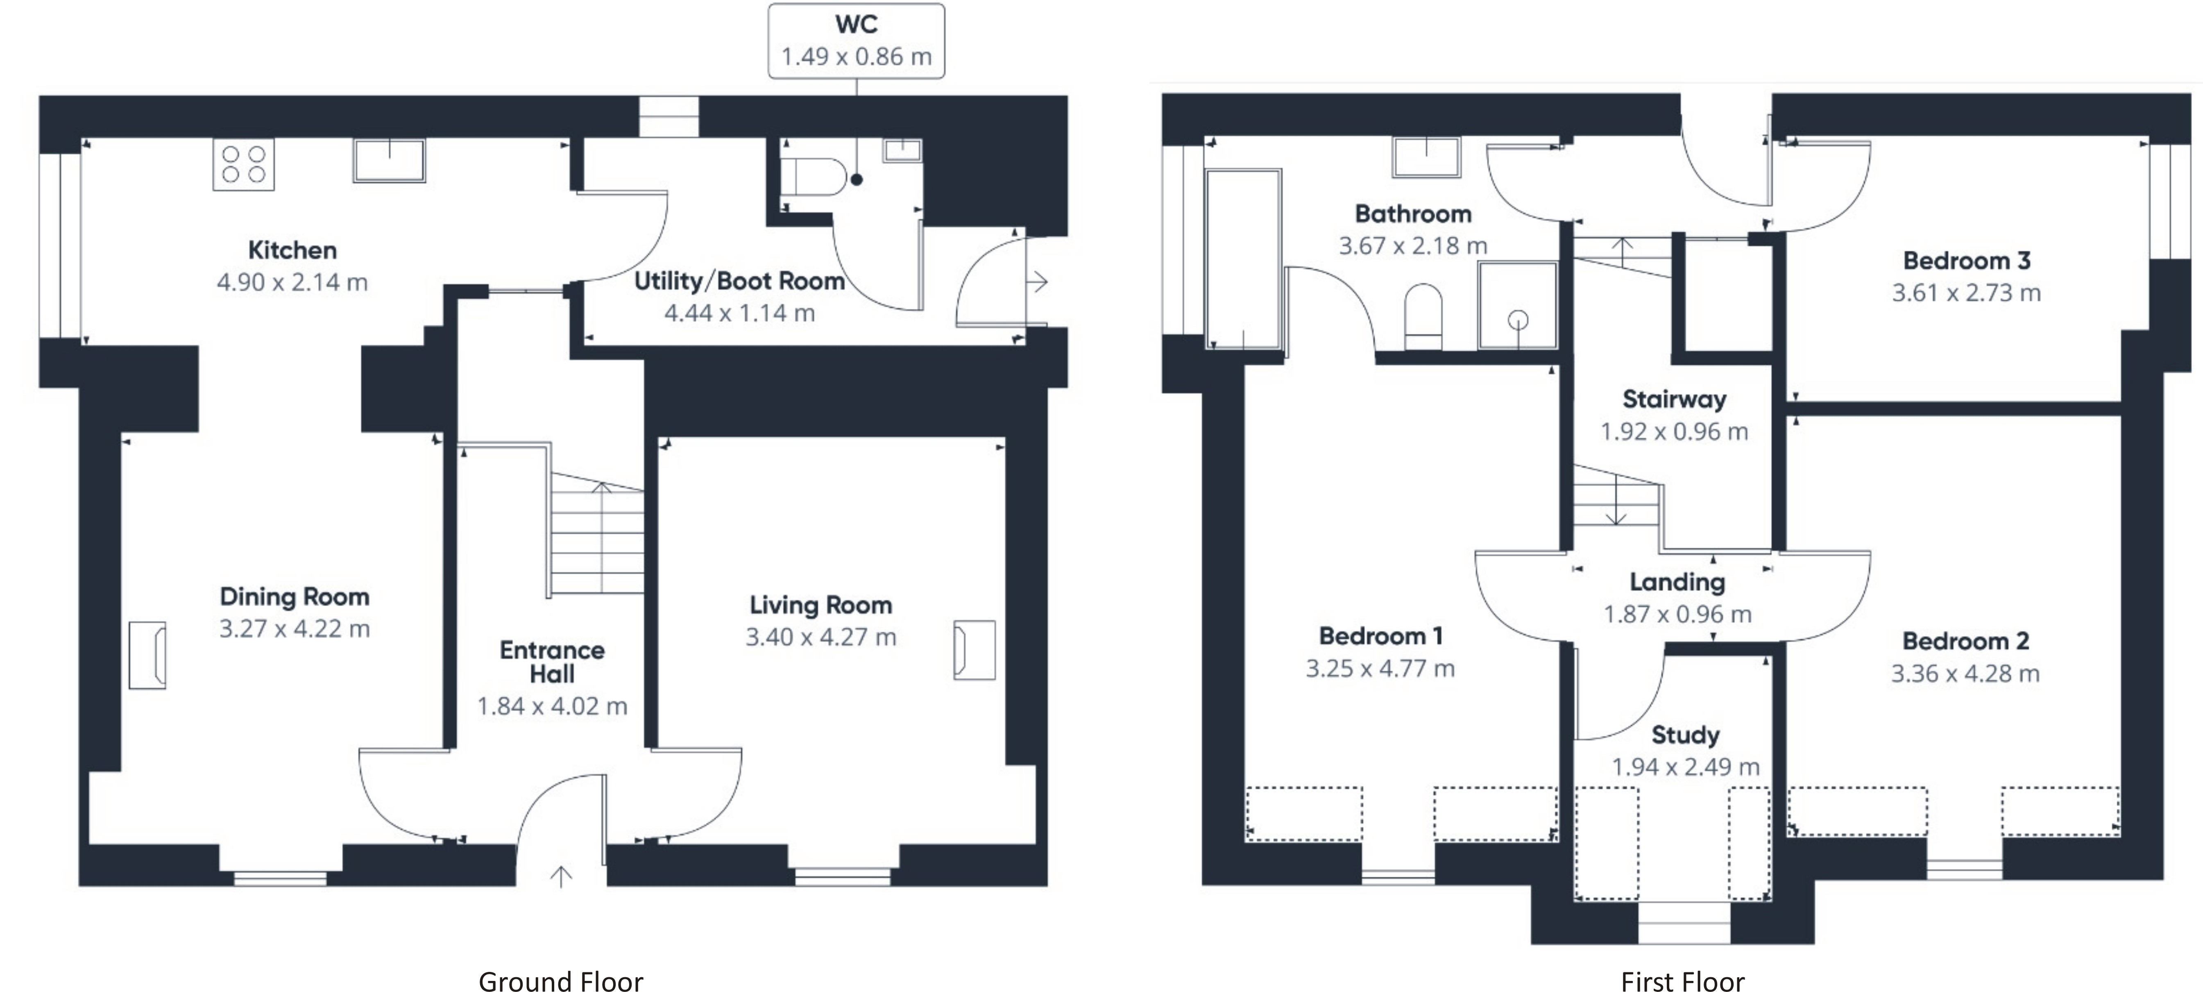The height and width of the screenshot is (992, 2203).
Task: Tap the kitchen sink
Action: (389, 160)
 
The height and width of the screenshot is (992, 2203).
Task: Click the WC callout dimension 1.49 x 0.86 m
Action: (856, 57)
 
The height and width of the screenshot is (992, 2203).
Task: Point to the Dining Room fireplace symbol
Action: (147, 655)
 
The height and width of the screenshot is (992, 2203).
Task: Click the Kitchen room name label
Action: (292, 251)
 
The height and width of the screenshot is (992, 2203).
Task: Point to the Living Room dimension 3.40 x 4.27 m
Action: (820, 637)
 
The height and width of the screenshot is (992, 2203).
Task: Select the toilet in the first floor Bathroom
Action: (1423, 316)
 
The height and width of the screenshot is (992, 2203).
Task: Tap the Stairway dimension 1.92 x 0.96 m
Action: (1674, 432)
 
